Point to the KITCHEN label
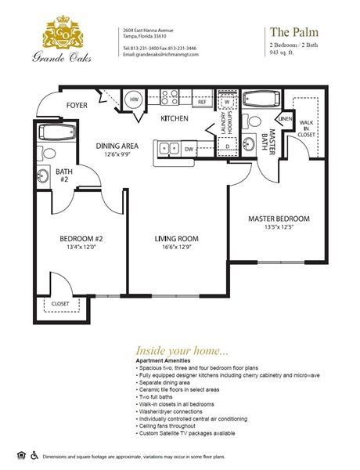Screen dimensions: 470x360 coord(174,119)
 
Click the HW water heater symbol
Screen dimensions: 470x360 coord(135,100)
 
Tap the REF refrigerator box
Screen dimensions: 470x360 coord(202,102)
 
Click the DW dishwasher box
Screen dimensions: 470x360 coord(189,147)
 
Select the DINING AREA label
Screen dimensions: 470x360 coord(117,146)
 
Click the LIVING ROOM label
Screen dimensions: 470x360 coord(176,239)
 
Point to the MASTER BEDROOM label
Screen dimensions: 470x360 coord(279,219)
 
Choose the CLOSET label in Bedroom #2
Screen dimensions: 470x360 coord(60,304)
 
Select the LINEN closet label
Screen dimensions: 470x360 coord(285,118)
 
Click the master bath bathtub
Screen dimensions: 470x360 coord(265,100)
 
